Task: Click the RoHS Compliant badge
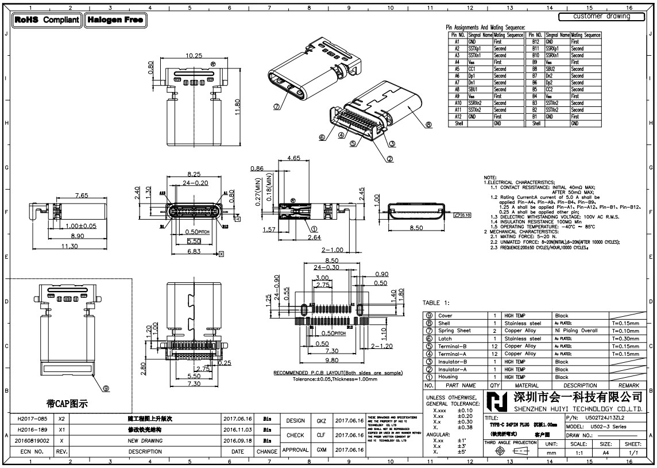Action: pos(47,20)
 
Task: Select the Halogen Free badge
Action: pos(115,20)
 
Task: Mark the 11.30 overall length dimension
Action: pos(69,246)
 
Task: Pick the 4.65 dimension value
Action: pos(293,158)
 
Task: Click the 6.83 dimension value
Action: pos(194,251)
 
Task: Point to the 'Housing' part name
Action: pos(448,377)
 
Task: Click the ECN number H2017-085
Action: pos(32,419)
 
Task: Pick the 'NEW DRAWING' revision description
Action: pos(145,440)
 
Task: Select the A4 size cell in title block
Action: pos(606,453)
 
